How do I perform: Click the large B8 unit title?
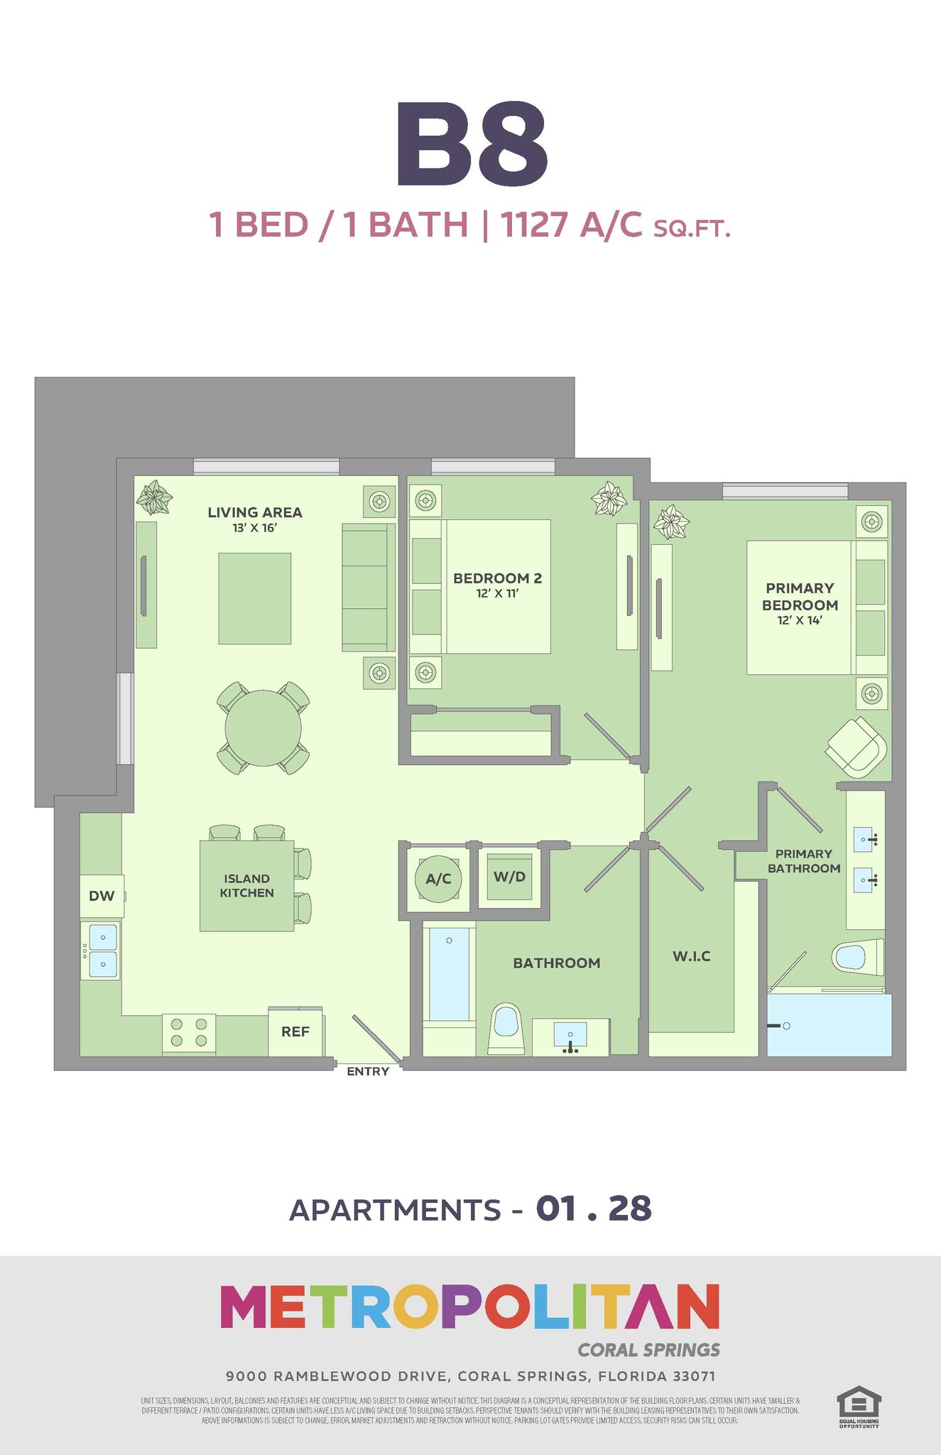pyautogui.click(x=472, y=144)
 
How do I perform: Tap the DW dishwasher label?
pyautogui.click(x=102, y=896)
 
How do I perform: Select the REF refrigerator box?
pyautogui.click(x=295, y=1031)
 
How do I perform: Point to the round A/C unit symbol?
pyautogui.click(x=438, y=879)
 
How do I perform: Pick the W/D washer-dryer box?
pyautogui.click(x=509, y=877)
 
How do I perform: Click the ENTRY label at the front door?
pyautogui.click(x=368, y=1071)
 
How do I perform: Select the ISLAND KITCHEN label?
pyautogui.click(x=246, y=886)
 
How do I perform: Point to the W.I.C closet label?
pyautogui.click(x=691, y=956)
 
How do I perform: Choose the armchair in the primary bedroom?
pyautogui.click(x=857, y=747)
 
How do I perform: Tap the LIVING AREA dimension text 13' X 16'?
pyautogui.click(x=254, y=528)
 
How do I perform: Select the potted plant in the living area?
pyautogui.click(x=154, y=497)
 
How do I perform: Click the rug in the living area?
pyautogui.click(x=254, y=598)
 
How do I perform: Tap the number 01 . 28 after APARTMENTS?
pyautogui.click(x=594, y=1209)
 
